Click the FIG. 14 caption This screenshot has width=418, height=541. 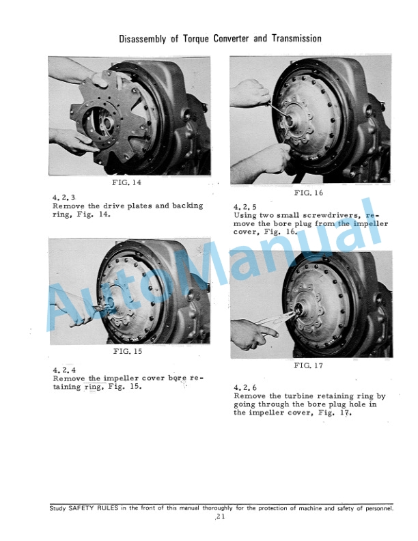(126, 182)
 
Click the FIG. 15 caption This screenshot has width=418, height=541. (128, 351)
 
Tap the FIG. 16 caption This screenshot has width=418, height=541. (309, 193)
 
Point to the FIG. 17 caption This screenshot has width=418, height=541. (308, 365)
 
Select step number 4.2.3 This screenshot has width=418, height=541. (64, 197)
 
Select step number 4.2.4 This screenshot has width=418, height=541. (64, 370)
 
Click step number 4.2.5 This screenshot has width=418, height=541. (245, 207)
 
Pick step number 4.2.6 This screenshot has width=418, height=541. (245, 387)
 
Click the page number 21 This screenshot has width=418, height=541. (221, 516)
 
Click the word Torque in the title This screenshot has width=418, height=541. (195, 38)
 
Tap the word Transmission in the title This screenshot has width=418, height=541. (296, 38)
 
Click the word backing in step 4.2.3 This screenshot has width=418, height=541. (188, 206)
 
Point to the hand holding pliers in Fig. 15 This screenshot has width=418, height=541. (75, 312)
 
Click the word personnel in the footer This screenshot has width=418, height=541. (378, 508)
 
